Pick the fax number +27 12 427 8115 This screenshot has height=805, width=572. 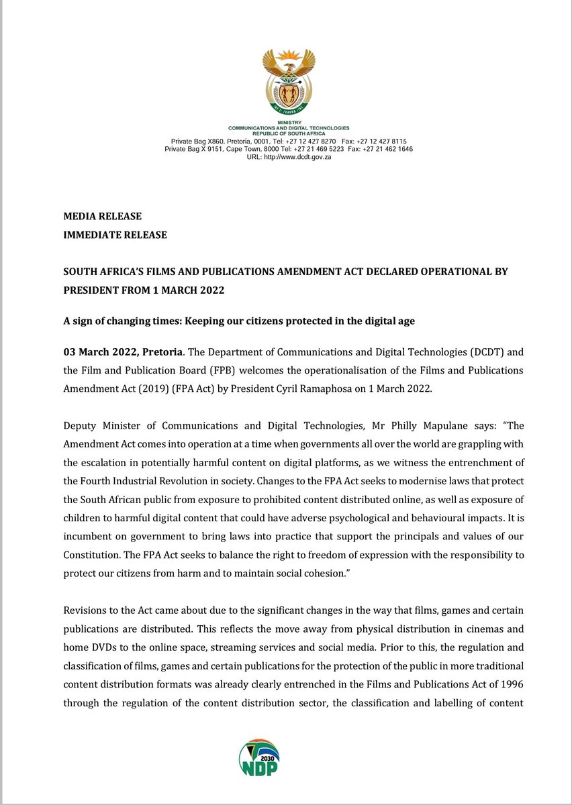coord(384,142)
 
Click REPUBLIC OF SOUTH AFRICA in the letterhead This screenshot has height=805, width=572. coord(289,133)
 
